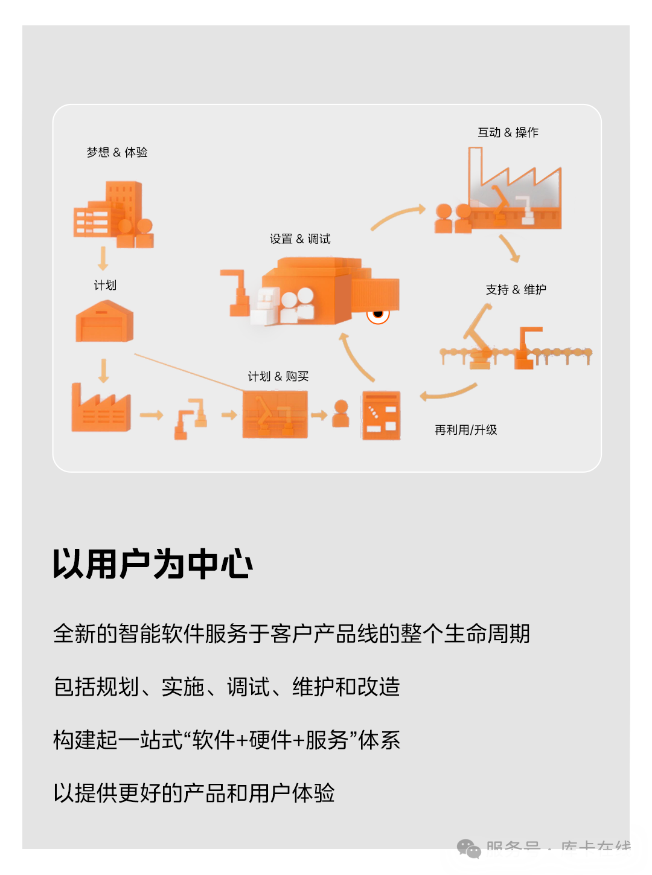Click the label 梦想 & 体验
click(x=117, y=152)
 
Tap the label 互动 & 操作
click(x=508, y=132)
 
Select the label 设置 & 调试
click(x=300, y=239)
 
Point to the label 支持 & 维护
click(x=516, y=290)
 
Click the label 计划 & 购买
click(x=278, y=377)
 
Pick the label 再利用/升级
click(x=465, y=430)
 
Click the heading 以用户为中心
click(x=153, y=564)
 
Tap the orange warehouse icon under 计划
click(x=104, y=322)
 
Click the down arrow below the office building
click(x=103, y=258)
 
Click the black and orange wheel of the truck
click(x=379, y=314)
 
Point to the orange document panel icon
click(x=381, y=415)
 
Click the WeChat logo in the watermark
click(x=469, y=849)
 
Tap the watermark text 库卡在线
click(x=596, y=849)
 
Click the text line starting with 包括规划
click(x=226, y=687)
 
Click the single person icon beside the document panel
click(x=341, y=414)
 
